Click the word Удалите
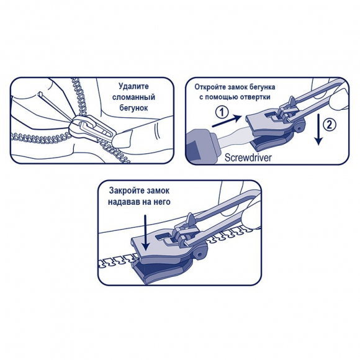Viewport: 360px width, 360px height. click(133, 86)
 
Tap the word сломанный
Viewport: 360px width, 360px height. click(133, 97)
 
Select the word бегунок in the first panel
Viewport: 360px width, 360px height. click(133, 108)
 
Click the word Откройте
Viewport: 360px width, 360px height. click(211, 88)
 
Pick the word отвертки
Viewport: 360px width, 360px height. click(255, 97)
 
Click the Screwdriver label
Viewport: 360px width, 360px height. click(248, 158)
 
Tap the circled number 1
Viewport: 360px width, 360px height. click(222, 112)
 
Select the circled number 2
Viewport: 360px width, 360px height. click(329, 125)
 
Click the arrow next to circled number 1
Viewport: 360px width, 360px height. click(227, 121)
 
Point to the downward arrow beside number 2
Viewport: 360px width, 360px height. click(318, 129)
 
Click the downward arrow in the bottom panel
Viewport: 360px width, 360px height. click(145, 233)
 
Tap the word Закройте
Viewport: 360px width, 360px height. click(124, 191)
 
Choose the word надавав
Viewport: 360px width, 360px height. click(123, 202)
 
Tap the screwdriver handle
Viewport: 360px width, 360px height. click(200, 146)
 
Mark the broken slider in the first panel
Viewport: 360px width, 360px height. click(92, 128)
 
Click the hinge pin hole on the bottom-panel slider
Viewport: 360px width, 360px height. click(199, 254)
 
